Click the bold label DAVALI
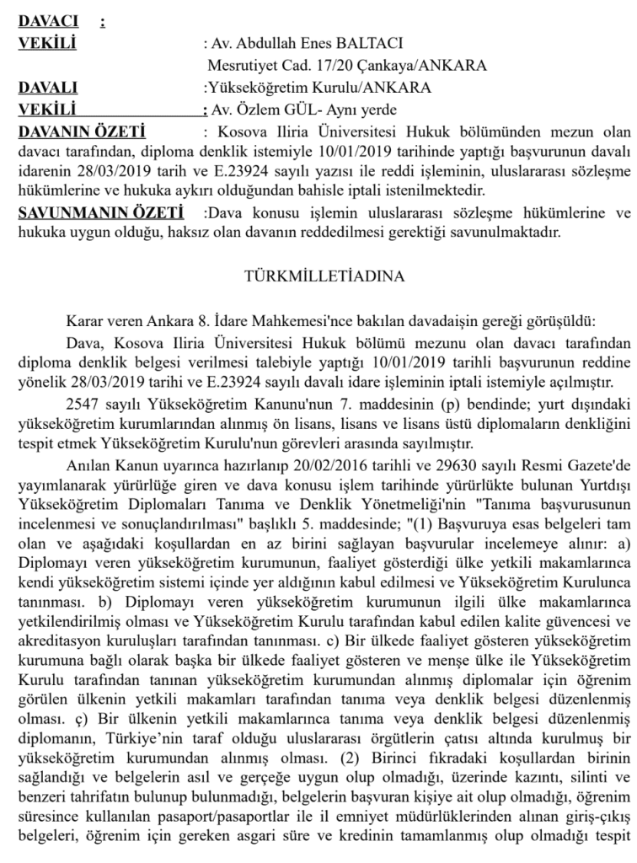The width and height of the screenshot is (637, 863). [x=48, y=87]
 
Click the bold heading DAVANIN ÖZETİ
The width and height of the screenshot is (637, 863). [x=82, y=131]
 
